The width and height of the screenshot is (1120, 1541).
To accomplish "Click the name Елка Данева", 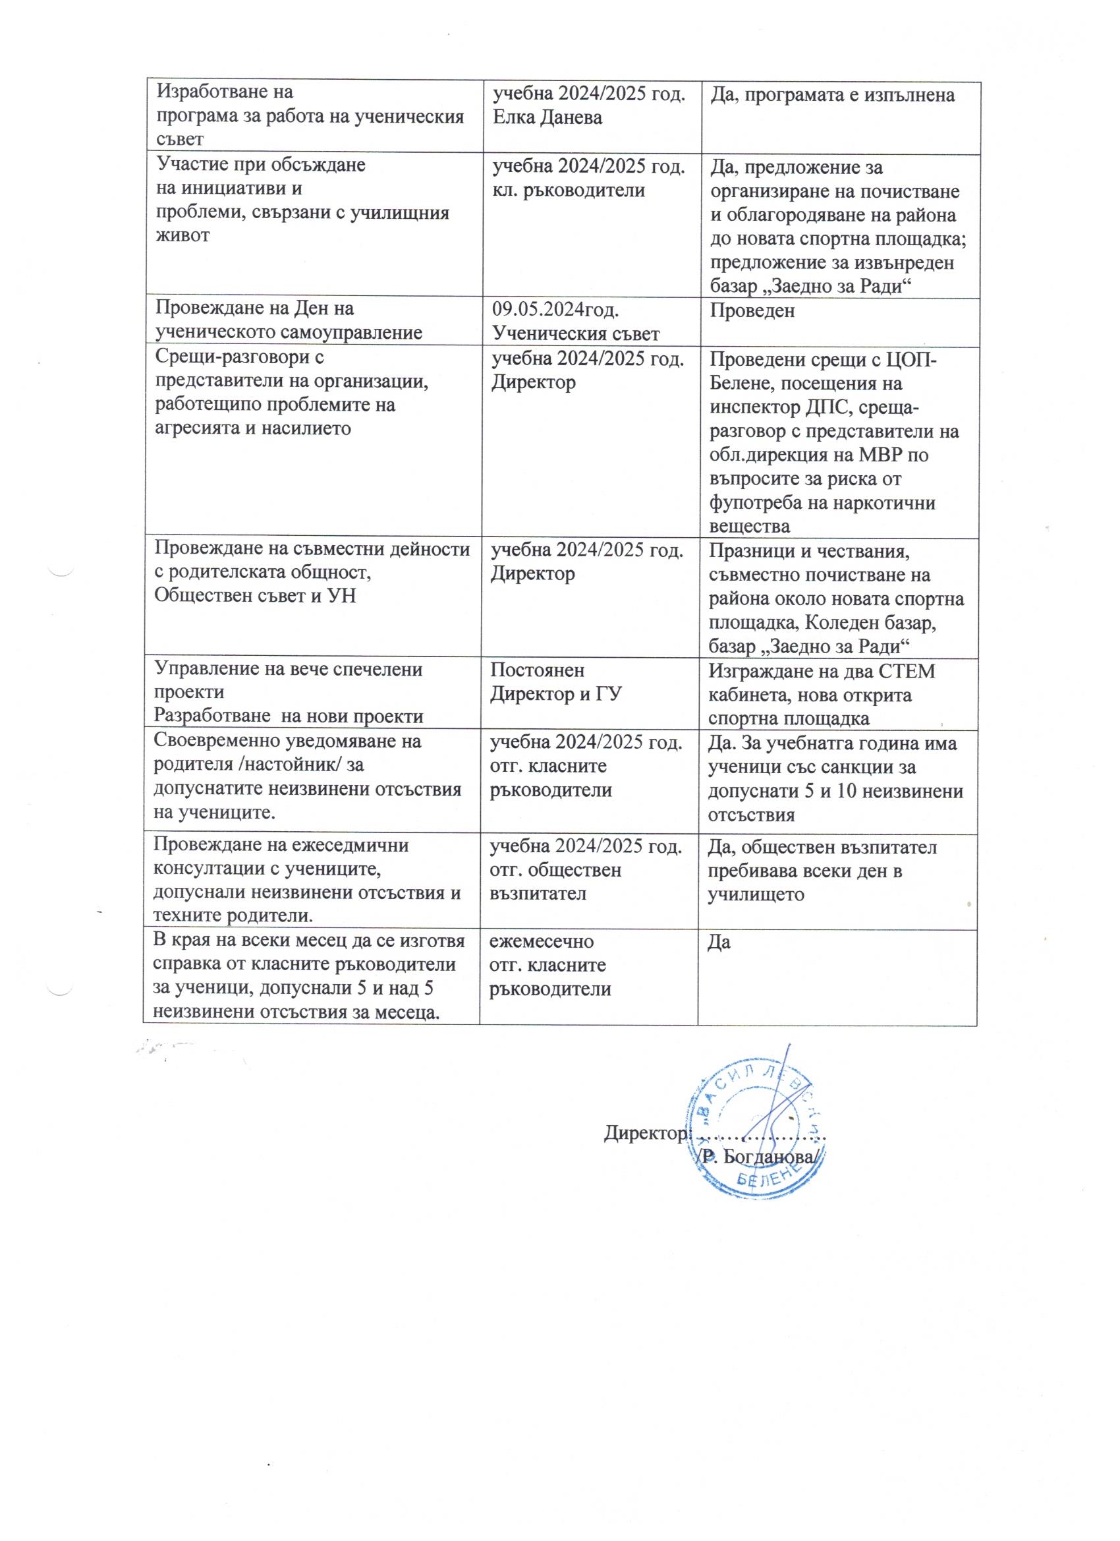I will [x=547, y=117].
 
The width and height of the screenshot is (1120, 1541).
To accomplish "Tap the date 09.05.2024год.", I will [x=555, y=310].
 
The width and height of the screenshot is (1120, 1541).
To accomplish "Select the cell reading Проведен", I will [x=752, y=310].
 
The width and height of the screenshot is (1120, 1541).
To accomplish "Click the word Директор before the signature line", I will [x=645, y=1132].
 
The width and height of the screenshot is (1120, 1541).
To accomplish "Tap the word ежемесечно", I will [x=542, y=942].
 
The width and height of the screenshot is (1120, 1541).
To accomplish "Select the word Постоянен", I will [x=537, y=670].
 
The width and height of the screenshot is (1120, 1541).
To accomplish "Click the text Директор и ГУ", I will [x=557, y=694].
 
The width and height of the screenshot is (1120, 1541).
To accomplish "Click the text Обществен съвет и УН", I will [x=255, y=596].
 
